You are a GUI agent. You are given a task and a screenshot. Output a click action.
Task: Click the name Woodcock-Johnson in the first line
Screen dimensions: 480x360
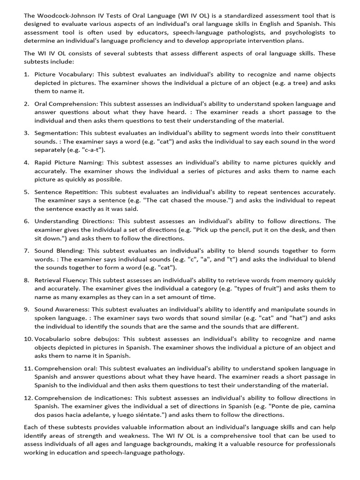click(66, 15)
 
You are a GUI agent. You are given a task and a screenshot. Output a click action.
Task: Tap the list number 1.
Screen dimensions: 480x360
click(27, 74)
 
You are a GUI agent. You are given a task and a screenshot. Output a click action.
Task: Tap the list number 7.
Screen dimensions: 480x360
click(27, 250)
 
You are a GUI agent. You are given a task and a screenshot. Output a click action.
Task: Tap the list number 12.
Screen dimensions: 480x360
click(28, 398)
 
